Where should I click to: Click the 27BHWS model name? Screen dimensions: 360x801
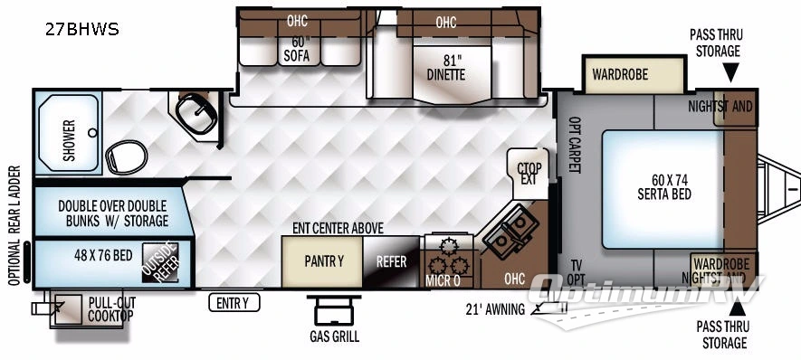81,29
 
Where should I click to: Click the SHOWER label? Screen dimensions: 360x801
70,141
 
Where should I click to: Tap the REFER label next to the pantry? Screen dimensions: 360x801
391,262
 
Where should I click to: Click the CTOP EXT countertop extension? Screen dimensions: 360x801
528,173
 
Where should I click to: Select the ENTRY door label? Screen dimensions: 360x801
233,303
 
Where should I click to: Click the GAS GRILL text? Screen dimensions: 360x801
333,336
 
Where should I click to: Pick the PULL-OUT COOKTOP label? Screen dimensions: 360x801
110,308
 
